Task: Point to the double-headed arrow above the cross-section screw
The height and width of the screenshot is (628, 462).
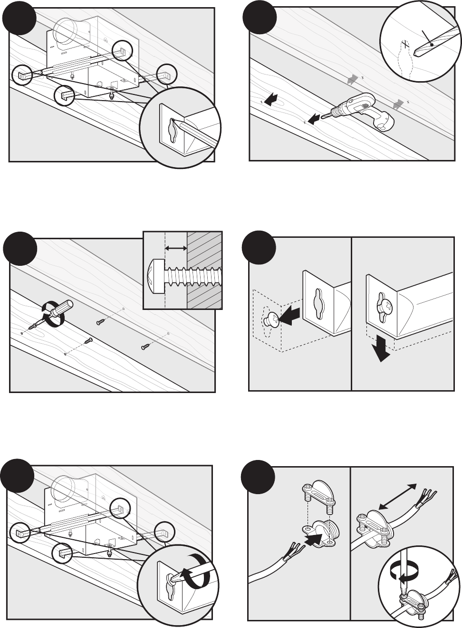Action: pos(175,248)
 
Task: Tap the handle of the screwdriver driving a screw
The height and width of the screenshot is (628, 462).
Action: pos(65,309)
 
